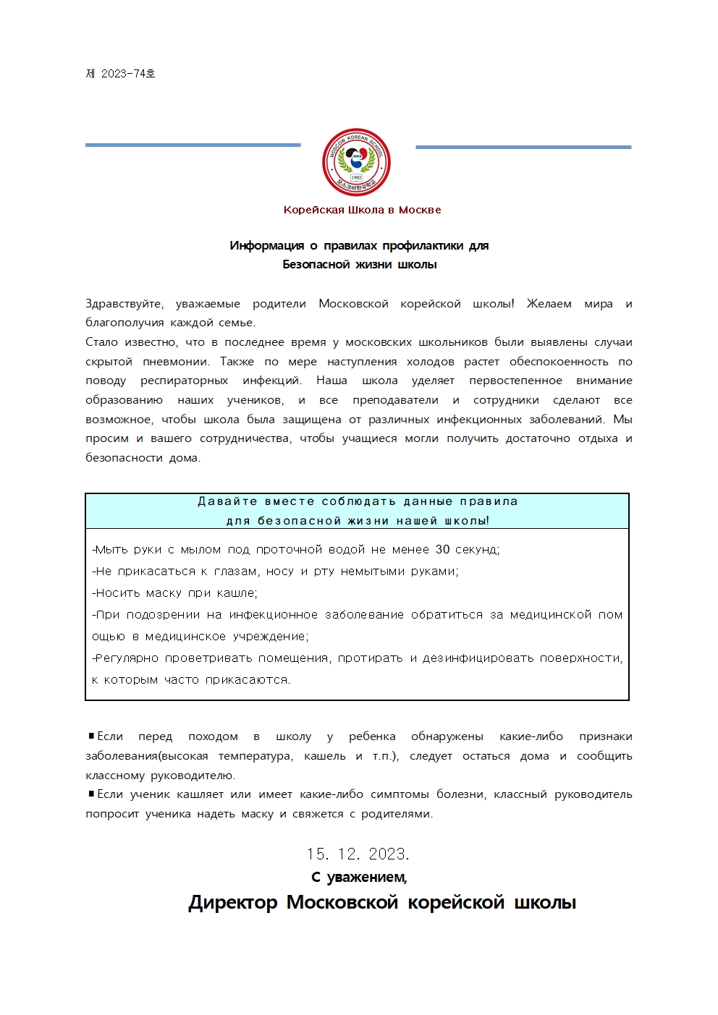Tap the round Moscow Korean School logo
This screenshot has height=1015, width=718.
[356, 163]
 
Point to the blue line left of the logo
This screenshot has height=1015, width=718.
[193, 145]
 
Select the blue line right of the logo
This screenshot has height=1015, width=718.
[523, 147]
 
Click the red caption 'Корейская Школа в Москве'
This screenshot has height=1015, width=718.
[362, 210]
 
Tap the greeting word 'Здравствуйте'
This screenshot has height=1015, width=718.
[124, 304]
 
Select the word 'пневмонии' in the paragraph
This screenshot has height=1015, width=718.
[176, 362]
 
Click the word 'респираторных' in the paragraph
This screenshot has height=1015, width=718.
[185, 381]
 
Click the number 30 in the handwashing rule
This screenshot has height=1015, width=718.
[442, 550]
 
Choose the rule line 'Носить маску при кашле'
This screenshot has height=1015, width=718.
[175, 593]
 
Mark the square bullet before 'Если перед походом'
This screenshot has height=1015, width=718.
[91, 736]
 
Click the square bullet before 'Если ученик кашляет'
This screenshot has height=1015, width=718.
[91, 794]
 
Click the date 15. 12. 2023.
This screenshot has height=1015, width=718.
[358, 854]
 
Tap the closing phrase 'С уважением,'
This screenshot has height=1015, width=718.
[359, 878]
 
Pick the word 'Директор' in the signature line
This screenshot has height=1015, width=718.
[233, 903]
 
